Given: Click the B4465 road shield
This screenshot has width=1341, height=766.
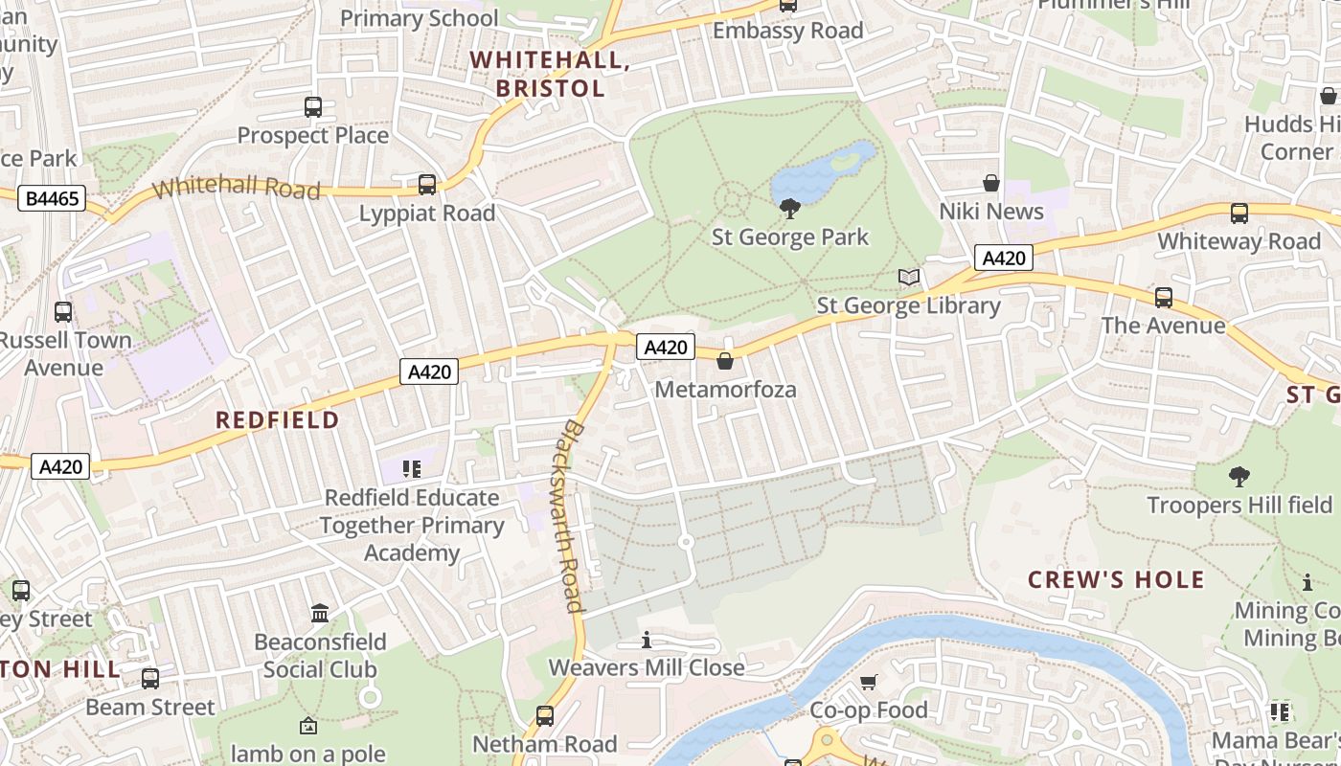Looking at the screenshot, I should [53, 199].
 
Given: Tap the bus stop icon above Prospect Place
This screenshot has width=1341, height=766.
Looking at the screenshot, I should [313, 107].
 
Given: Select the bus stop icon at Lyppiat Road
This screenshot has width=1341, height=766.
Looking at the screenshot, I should [427, 185].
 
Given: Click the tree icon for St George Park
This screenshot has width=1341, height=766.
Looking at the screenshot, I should [790, 209].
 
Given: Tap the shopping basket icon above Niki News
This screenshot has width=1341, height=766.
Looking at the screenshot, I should [991, 183].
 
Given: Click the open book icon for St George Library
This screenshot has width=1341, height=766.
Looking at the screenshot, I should [908, 278].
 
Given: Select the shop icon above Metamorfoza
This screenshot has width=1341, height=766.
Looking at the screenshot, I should [725, 361].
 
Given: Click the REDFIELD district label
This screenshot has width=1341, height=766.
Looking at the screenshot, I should [277, 420].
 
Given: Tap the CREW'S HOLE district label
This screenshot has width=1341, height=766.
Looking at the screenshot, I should [1116, 580].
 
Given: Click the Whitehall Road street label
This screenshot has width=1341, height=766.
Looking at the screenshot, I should [236, 186].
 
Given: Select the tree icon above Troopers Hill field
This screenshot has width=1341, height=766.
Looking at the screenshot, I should [1239, 476].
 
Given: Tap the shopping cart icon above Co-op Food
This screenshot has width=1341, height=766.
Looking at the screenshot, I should [868, 682].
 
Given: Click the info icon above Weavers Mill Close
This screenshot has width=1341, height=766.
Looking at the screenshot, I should [647, 639].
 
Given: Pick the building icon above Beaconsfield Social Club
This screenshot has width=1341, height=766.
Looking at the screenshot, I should [320, 613].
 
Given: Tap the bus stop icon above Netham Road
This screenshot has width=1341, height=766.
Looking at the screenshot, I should [544, 715].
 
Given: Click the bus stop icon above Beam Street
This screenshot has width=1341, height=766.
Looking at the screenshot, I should [150, 679].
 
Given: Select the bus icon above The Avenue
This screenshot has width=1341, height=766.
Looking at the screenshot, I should [1163, 298].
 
